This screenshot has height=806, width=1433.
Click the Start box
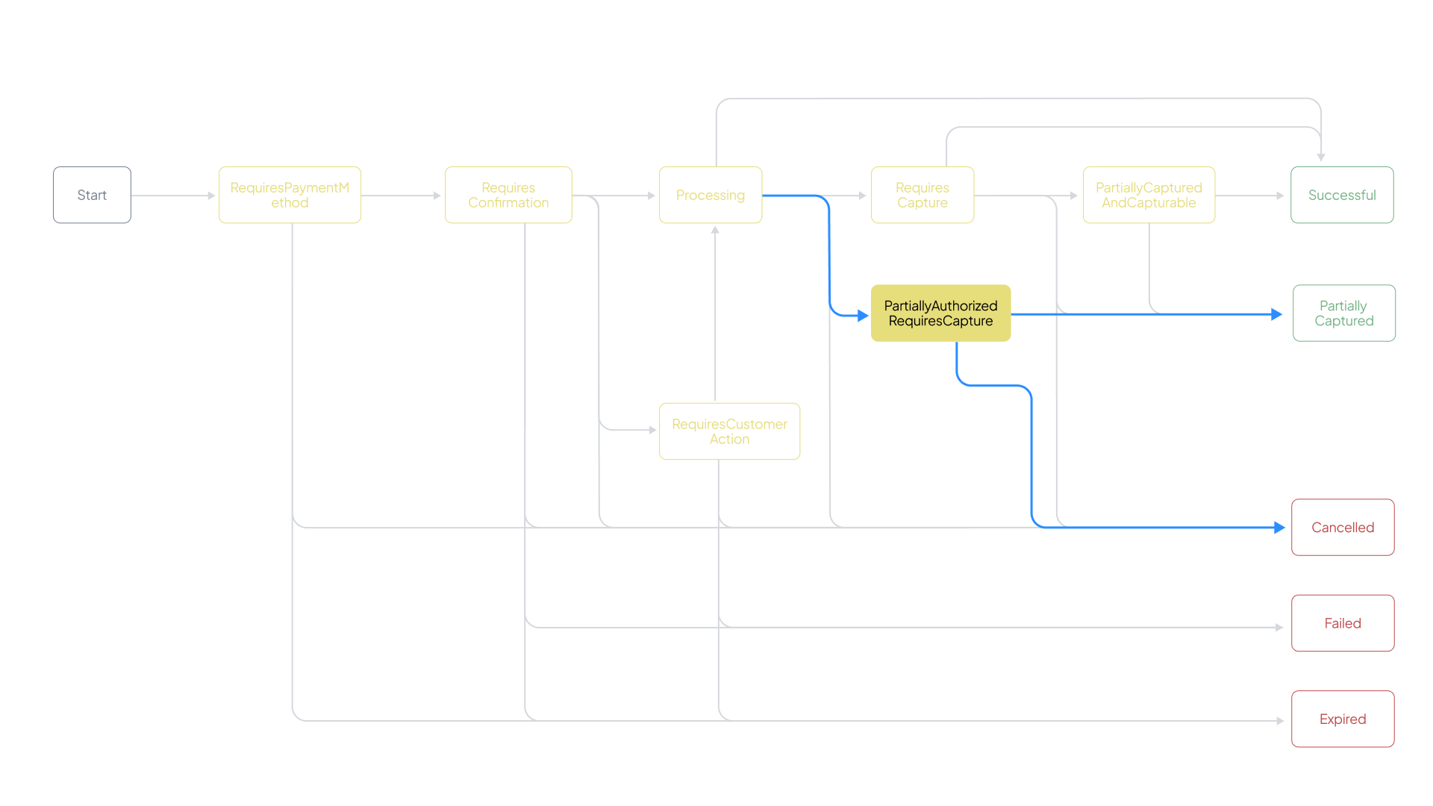(92, 195)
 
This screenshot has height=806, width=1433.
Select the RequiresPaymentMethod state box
(290, 195)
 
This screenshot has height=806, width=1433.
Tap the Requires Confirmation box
(508, 195)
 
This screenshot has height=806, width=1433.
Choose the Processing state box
(711, 195)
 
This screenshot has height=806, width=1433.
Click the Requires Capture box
(922, 195)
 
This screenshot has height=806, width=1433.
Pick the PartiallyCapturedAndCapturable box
(1149, 195)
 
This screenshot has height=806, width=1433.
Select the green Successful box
(1342, 195)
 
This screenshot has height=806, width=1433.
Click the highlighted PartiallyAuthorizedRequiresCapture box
(940, 313)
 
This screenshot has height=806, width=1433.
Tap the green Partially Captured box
(1343, 313)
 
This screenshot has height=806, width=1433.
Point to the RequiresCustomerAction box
(729, 431)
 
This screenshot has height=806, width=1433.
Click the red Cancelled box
(1343, 528)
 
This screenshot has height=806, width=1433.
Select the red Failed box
(1343, 623)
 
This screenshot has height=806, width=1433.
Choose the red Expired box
(1343, 719)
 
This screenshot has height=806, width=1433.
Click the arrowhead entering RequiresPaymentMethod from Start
(212, 196)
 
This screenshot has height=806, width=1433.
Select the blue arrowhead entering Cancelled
(1280, 528)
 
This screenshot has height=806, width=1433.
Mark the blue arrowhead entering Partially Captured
(1277, 314)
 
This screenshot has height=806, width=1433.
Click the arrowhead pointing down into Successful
(1321, 157)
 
